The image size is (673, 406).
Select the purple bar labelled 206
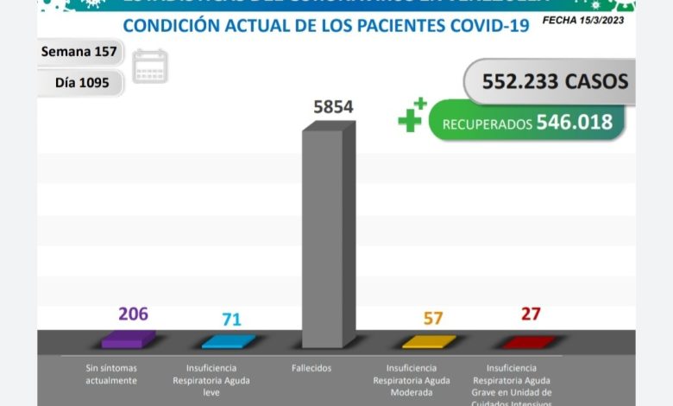click(129, 339)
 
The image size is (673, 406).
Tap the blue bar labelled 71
click(228, 341)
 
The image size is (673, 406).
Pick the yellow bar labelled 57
click(429, 341)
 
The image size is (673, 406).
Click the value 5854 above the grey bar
click(332, 107)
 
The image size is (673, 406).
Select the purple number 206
click(133, 314)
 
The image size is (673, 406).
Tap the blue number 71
click(231, 320)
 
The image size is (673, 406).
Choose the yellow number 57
click(433, 318)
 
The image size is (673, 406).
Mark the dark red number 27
click(531, 313)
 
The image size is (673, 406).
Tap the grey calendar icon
click(151, 66)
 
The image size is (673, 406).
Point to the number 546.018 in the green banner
click(574, 123)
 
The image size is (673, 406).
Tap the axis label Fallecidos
click(311, 368)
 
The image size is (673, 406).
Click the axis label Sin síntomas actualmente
click(112, 374)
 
